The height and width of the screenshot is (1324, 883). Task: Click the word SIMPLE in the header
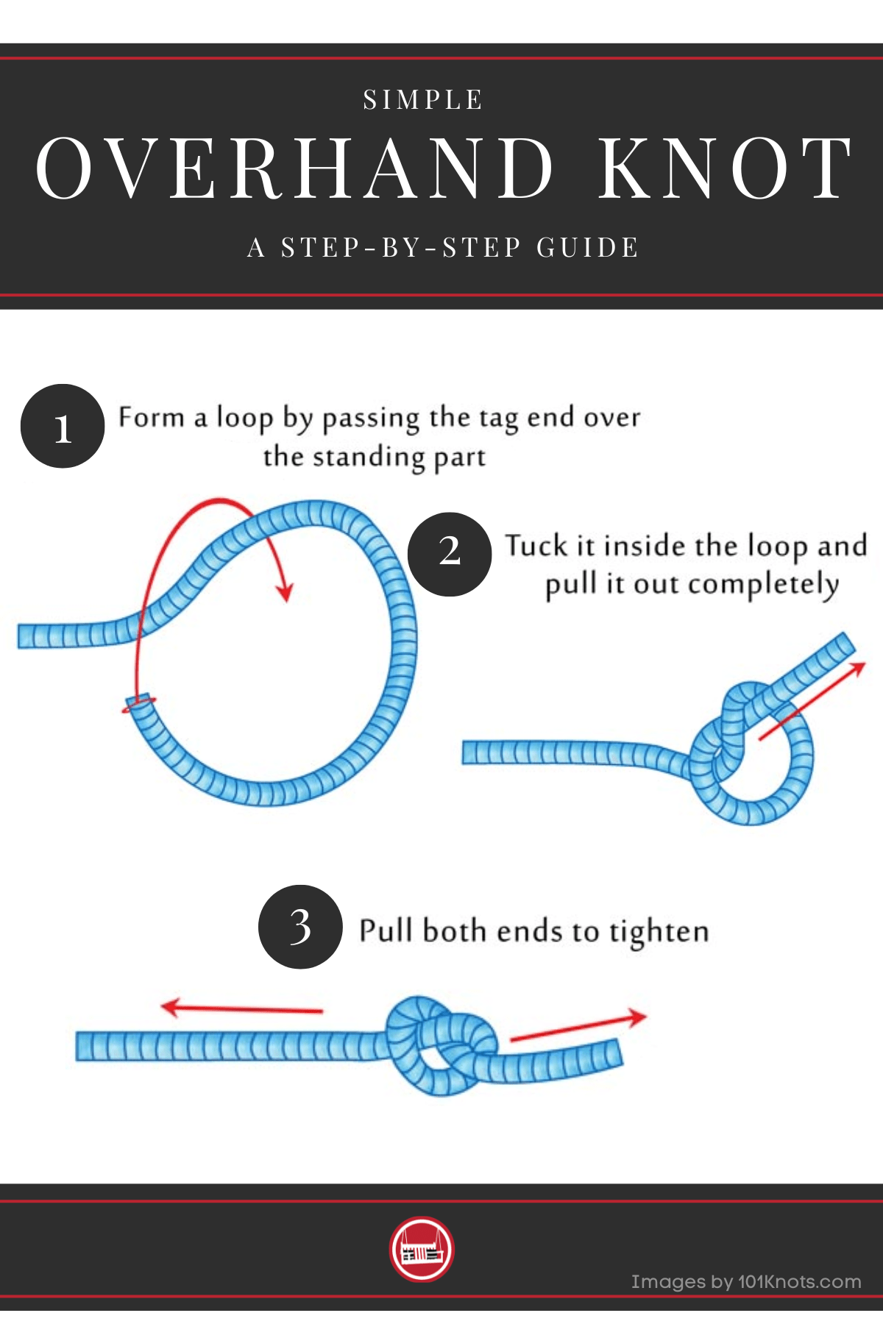[x=423, y=99]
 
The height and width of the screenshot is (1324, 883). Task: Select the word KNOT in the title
[x=725, y=168]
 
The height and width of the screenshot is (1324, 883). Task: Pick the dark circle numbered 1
[x=63, y=426]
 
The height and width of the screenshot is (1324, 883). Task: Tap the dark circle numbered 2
[x=450, y=554]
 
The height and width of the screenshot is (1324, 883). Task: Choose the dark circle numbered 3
[x=300, y=927]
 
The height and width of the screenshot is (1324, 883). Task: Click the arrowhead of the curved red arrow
[x=284, y=591]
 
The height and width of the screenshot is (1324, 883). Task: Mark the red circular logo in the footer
[x=422, y=1249]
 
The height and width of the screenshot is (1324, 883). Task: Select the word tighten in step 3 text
[x=659, y=933]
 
